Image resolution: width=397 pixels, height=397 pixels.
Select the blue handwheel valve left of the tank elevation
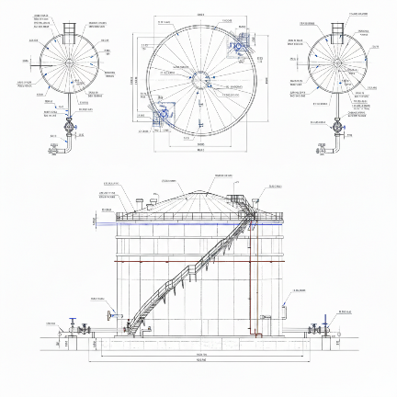click(x=74, y=324)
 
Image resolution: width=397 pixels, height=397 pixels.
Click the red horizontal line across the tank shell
click(x=198, y=261)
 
